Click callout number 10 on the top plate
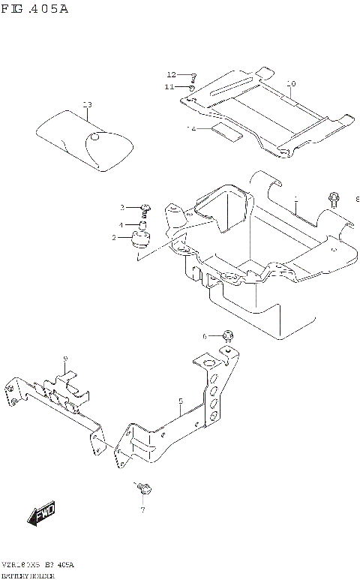point(291,83)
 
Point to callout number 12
point(171,75)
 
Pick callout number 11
point(170,87)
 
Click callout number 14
point(191,129)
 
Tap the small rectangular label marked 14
point(227,134)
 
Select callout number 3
point(121,207)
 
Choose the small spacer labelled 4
point(141,224)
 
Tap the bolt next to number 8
point(333,199)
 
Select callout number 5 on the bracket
point(181,401)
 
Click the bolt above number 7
point(145,489)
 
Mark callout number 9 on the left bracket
point(65,359)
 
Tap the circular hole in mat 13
point(94,137)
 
